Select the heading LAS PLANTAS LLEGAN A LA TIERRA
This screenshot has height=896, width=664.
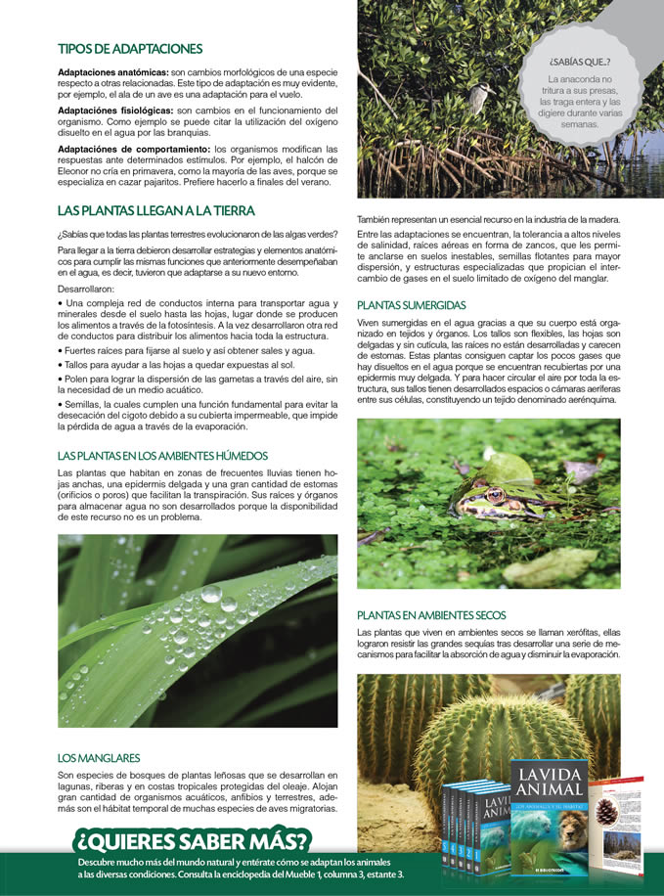[155, 210]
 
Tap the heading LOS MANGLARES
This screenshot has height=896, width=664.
[98, 758]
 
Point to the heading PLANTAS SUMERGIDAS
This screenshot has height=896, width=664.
[411, 305]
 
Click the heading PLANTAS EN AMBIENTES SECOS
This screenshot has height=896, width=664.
[431, 615]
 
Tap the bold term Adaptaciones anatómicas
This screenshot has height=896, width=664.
[112, 73]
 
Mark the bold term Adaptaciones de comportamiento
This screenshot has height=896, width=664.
[134, 149]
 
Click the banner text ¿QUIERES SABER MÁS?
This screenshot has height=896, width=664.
[194, 840]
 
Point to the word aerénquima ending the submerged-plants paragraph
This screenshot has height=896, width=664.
[587, 400]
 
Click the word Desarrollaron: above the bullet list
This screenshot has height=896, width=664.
[86, 290]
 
